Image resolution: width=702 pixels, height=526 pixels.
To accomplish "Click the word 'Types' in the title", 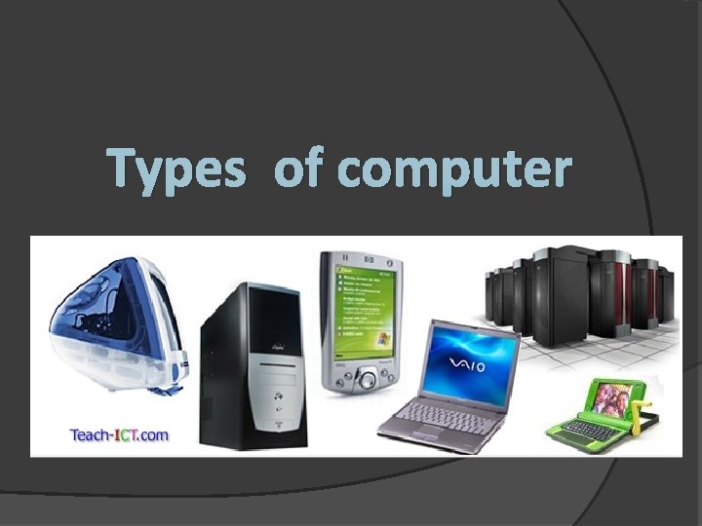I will (x=176, y=169).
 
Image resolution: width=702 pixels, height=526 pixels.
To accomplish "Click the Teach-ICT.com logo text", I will (x=119, y=434).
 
